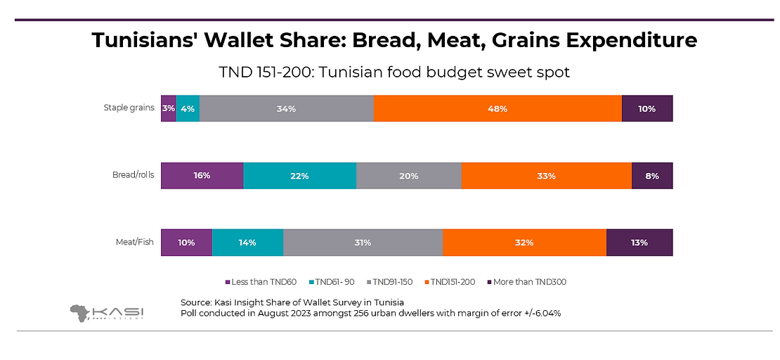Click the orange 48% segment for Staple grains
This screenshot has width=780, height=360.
tap(498, 109)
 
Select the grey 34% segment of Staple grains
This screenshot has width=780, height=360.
tap(286, 109)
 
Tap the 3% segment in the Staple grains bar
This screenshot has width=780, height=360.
tap(168, 109)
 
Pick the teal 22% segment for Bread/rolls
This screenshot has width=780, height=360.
tap(300, 176)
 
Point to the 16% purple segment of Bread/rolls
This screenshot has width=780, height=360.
tap(202, 176)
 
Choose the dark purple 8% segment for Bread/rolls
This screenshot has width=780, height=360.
tap(652, 176)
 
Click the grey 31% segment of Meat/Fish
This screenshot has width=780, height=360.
tap(363, 243)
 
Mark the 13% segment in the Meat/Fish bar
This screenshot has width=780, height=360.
tap(639, 243)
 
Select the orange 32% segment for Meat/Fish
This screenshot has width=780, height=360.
tap(524, 243)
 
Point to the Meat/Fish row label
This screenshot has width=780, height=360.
tap(135, 243)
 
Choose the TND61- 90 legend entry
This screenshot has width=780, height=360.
tap(334, 282)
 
